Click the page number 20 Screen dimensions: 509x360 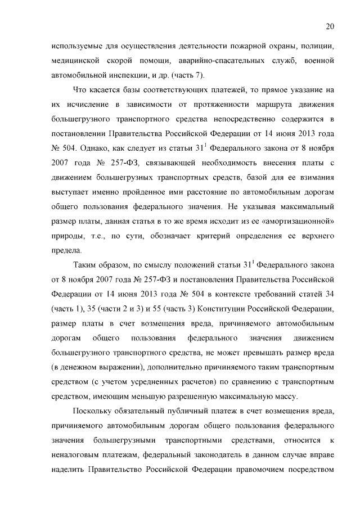330,26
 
